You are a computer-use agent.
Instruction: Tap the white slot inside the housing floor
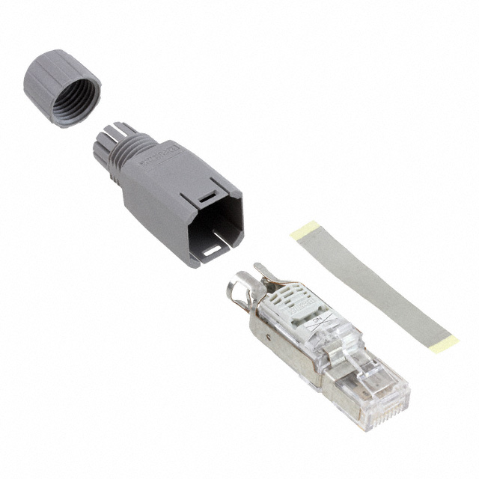[218, 246]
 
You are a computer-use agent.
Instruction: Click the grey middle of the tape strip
[374, 288]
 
